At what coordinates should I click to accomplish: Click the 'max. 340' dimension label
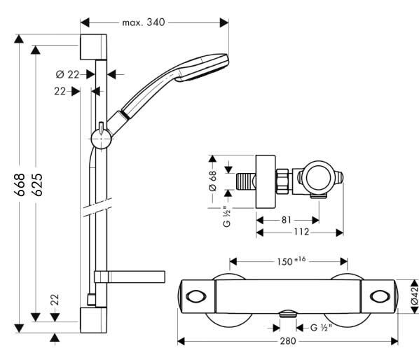pos(144,22)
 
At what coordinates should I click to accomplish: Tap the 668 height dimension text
pos(20,184)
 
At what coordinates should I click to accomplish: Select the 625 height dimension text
pos(37,184)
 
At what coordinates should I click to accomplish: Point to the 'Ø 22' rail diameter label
pos(67,74)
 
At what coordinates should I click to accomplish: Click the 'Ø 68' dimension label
pos(213,181)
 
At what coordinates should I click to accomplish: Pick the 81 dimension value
pos(286,220)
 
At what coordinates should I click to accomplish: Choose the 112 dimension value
pos(301,232)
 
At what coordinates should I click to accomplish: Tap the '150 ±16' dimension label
pos(291,261)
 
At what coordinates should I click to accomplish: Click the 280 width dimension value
pos(288,341)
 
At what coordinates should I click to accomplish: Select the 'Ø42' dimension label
pos(415,296)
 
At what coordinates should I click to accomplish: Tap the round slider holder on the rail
pos(101,139)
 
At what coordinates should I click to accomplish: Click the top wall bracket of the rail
pos(93,47)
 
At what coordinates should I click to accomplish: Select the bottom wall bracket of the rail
pos(93,320)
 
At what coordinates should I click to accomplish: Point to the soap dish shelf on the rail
pos(130,277)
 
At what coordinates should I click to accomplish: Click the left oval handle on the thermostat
pos(196,296)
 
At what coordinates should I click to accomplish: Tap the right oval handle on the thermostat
pos(380,296)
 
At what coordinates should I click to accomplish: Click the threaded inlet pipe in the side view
pos(245,181)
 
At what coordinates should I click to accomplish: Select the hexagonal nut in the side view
pos(283,181)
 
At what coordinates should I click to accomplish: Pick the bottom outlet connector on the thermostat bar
pos(287,314)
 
